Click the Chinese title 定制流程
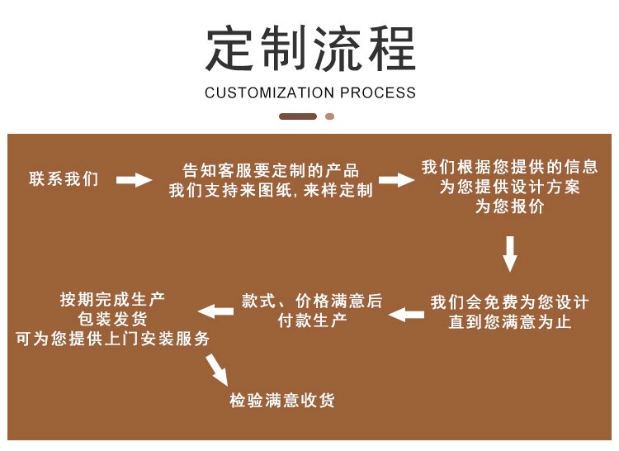coord(309,48)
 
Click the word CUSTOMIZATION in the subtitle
coord(270,93)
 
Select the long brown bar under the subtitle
coord(298,116)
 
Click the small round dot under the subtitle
coord(329,116)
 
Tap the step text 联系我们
coord(64,179)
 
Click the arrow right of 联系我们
coord(134,180)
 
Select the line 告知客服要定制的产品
coord(271,171)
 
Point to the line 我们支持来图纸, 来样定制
coord(271,191)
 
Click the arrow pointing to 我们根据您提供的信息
coord(395,180)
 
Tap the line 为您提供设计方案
coord(509,188)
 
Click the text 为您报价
coord(509,208)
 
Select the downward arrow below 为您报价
coord(510,254)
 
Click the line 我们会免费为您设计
coord(509,302)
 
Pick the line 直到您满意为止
coord(509,322)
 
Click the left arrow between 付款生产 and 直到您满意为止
coord(406,313)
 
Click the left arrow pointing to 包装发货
coord(215,311)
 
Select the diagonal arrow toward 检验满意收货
coord(217,368)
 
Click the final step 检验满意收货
coord(282,401)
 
